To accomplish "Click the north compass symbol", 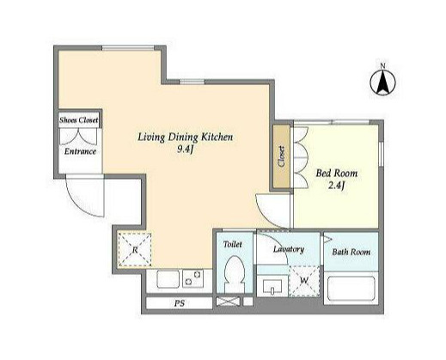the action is tap(382, 81).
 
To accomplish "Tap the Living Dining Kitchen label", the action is tap(186, 137).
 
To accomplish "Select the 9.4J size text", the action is tap(186, 149).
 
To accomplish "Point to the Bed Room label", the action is tap(337, 173).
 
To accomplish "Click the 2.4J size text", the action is tap(336, 186).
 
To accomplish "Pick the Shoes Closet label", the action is tap(78, 120).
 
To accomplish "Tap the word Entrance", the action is tap(80, 151).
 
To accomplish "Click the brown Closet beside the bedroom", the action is tap(281, 156).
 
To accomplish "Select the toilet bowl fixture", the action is tap(235, 274).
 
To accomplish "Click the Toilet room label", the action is tap(232, 244).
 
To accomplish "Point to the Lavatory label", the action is tap(289, 249).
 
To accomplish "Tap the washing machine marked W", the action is tap(304, 281).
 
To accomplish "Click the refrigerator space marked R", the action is tap(135, 249).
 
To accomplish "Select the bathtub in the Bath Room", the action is tap(351, 289).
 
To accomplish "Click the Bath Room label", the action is tap(351, 252).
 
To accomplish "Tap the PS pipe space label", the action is tap(180, 303).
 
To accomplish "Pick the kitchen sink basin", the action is tap(168, 279).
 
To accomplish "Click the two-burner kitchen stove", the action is tap(192, 278).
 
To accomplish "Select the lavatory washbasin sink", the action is tap(272, 286).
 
